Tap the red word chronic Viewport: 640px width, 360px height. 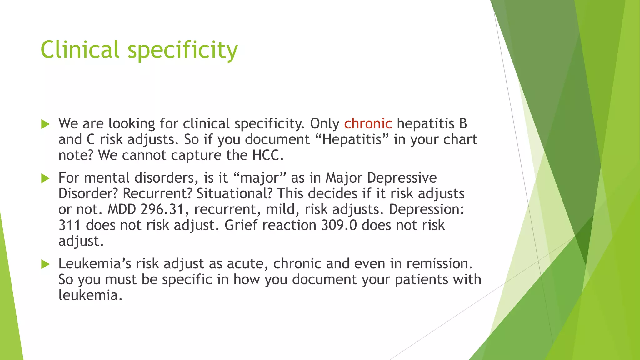tap(368, 123)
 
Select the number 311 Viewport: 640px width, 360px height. tap(69, 225)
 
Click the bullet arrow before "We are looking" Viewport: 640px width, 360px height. tap(45, 124)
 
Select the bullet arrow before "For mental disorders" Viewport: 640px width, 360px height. tap(45, 178)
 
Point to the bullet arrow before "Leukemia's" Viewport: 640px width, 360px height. tap(45, 265)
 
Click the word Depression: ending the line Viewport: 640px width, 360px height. tap(426, 209)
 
